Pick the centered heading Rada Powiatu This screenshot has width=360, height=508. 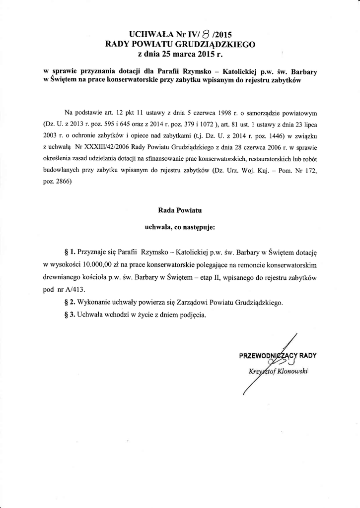[x=180, y=210]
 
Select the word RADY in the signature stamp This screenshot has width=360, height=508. [x=307, y=355]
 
